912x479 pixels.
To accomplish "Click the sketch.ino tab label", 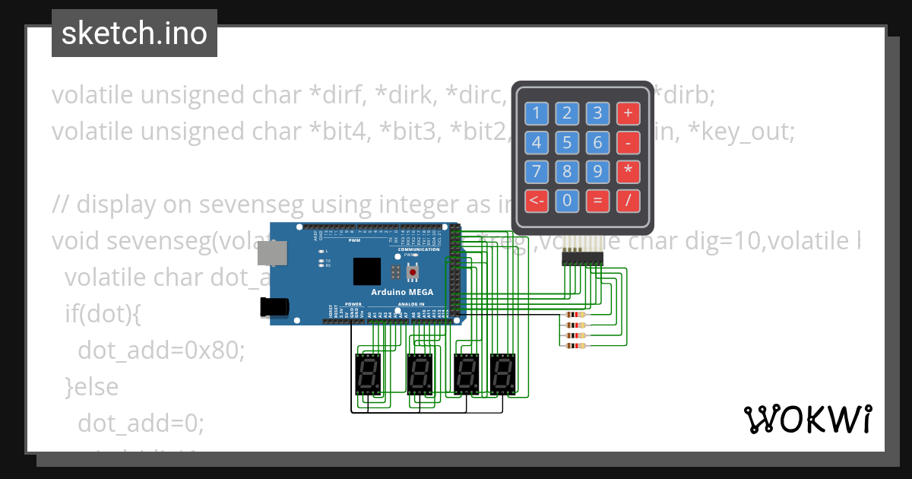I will (134, 33).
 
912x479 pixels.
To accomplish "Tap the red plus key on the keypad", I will (628, 114).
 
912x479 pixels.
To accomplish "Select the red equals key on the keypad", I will (597, 201).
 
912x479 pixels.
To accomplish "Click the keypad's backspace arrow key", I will (537, 201).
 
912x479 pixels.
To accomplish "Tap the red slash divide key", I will (628, 201).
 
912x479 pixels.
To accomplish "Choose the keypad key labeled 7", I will (537, 172).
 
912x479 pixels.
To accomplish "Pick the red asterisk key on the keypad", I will (628, 172).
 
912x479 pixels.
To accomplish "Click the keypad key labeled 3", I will (597, 114).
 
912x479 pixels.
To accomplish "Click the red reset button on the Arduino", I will (413, 271).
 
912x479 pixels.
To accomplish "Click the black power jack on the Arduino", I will (273, 306).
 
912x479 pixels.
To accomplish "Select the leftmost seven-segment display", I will (368, 373).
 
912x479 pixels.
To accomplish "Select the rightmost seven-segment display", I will (502, 373).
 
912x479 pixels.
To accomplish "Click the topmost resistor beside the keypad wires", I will (575, 315).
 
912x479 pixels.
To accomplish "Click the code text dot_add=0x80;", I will (161, 351).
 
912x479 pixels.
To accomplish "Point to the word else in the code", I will (97, 386).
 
